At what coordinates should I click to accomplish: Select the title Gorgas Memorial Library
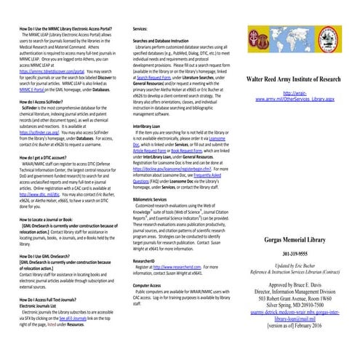click(298, 219)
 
